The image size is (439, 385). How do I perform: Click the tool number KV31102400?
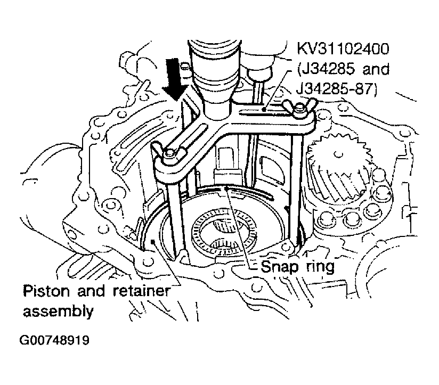coord(343,48)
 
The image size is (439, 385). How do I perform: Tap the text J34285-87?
coord(337,89)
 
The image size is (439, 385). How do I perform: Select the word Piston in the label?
coord(46,291)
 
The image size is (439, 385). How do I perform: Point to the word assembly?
coord(58,312)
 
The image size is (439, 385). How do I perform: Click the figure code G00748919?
coord(54,340)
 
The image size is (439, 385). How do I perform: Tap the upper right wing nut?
coord(299,108)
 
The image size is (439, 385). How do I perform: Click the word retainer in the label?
coord(142,291)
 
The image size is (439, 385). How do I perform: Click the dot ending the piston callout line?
coord(152,241)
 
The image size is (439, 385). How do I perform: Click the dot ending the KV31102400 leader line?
coord(264,109)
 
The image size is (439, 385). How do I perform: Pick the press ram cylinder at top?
coord(215,76)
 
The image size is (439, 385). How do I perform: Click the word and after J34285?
coord(376,69)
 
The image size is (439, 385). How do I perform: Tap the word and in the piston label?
coord(91,291)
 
